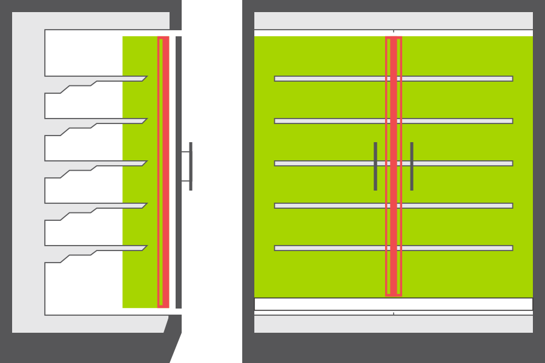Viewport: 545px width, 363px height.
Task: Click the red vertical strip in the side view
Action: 163,172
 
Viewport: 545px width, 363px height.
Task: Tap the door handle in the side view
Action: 190,166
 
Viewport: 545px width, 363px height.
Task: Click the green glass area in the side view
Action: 139,284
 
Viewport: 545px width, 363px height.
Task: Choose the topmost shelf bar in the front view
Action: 327,79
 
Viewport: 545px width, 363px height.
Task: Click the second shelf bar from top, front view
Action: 327,121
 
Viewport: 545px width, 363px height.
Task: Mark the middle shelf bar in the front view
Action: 327,163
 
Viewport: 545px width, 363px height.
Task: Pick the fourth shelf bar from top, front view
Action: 327,206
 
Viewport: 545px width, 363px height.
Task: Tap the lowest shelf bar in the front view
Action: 327,248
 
